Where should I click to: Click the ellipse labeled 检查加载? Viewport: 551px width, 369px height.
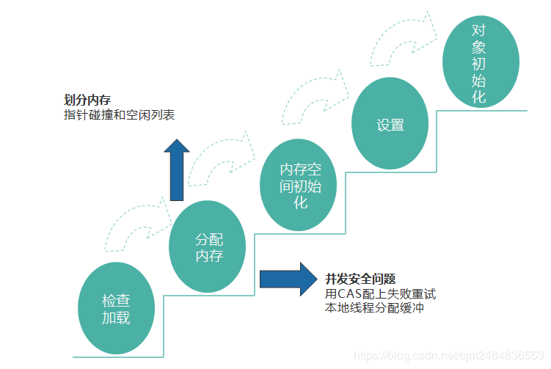[x=116, y=309]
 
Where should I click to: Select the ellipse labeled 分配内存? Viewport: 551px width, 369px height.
[x=208, y=247]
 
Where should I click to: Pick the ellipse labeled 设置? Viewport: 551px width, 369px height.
[x=390, y=124]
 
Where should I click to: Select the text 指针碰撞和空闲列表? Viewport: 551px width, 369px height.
[x=119, y=115]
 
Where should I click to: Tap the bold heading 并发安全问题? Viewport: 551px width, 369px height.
[x=360, y=279]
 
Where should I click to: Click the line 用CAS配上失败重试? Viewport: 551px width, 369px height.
[x=380, y=293]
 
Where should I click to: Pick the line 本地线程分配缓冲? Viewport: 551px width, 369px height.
[x=374, y=308]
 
